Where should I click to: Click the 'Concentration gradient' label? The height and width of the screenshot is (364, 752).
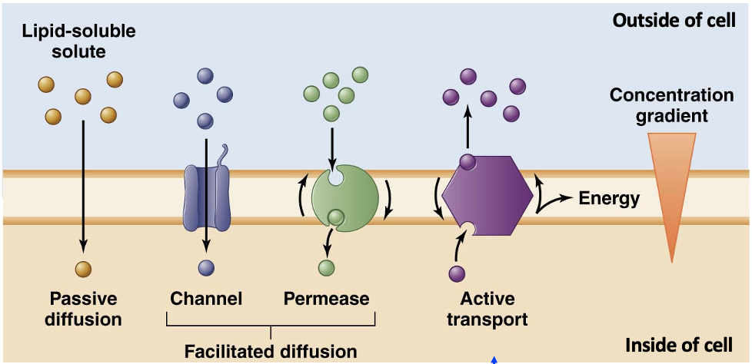pyautogui.click(x=671, y=106)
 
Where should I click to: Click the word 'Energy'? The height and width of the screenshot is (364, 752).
pyautogui.click(x=609, y=199)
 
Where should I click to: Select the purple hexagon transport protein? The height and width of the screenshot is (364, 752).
pyautogui.click(x=487, y=197)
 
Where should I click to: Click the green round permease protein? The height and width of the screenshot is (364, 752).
pyautogui.click(x=345, y=197)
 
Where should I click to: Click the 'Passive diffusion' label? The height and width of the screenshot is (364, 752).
pyautogui.click(x=85, y=308)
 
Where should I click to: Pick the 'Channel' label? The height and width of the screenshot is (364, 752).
pyautogui.click(x=206, y=298)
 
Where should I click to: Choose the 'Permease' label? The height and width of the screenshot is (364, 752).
pyautogui.click(x=327, y=298)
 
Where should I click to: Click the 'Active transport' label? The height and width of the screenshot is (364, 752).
pyautogui.click(x=487, y=308)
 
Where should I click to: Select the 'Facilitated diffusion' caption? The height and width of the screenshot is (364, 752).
pyautogui.click(x=271, y=352)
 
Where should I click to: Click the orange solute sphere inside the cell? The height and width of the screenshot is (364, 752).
pyautogui.click(x=84, y=269)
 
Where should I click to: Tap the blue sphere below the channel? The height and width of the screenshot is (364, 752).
pyautogui.click(x=206, y=268)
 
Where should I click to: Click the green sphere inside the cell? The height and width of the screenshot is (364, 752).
pyautogui.click(x=327, y=268)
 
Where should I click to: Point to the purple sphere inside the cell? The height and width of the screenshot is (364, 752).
pyautogui.click(x=457, y=273)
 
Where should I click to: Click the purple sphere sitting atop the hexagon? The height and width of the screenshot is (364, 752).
pyautogui.click(x=468, y=161)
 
